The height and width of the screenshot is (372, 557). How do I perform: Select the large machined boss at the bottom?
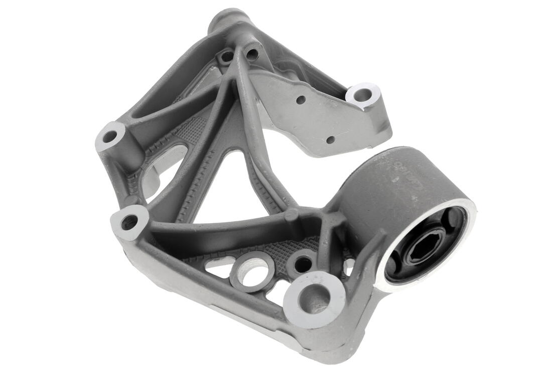coord(314,300)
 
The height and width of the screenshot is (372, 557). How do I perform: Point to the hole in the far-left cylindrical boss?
coord(110,136)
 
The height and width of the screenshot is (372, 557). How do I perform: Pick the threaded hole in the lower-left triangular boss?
coord(129,222)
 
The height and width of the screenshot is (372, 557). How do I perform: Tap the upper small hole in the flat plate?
coord(301,100)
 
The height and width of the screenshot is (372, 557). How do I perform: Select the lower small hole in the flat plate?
coord(330,139)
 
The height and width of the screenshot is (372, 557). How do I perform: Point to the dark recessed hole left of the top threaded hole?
coord(227,57)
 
